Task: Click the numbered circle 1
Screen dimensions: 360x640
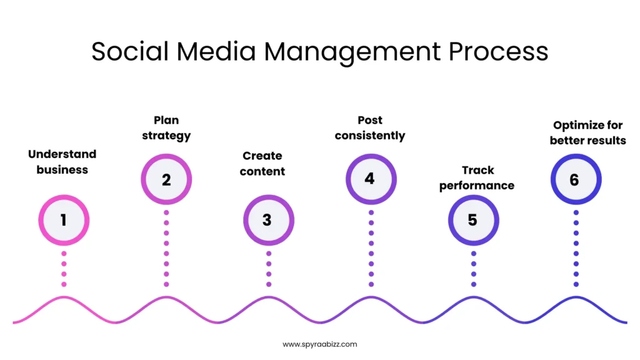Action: click(x=64, y=220)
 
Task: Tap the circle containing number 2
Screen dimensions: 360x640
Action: click(x=166, y=180)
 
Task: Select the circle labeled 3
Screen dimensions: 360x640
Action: click(x=268, y=220)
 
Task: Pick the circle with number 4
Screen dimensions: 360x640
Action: click(x=371, y=179)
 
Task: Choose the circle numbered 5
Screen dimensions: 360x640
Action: click(x=473, y=220)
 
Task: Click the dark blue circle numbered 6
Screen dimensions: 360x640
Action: click(x=576, y=180)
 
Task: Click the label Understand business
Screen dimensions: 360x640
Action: click(x=62, y=161)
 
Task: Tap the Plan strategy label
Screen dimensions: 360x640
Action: click(x=166, y=127)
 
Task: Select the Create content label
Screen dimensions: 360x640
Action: click(x=262, y=163)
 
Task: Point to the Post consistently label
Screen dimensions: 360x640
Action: click(x=370, y=127)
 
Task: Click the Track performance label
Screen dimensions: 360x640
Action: click(x=477, y=177)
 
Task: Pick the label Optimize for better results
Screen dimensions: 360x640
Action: click(x=587, y=132)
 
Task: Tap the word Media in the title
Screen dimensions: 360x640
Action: click(x=216, y=51)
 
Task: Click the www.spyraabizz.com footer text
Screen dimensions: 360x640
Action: click(x=320, y=344)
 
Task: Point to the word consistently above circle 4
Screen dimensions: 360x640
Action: click(x=370, y=136)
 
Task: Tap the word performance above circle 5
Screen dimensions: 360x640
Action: click(x=477, y=186)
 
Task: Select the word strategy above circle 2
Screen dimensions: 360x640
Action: click(x=166, y=135)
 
